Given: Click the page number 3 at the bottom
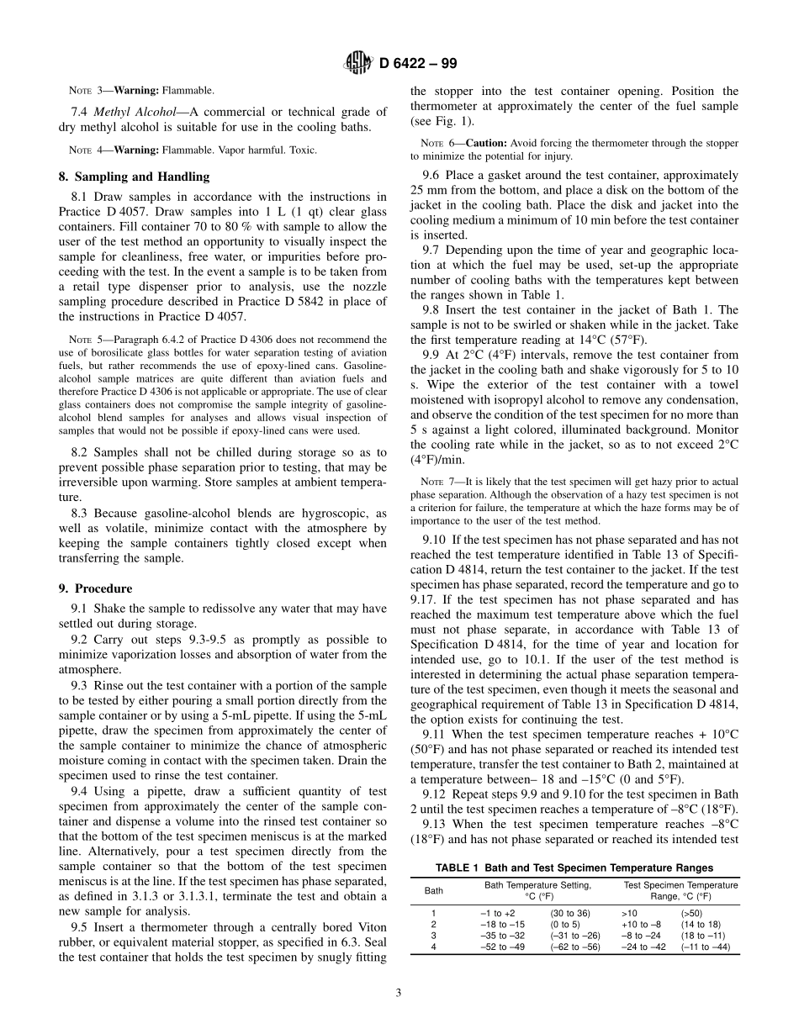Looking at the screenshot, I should coord(399,992).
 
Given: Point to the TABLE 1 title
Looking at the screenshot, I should coord(574,868).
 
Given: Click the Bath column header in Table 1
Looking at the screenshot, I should coord(433,890).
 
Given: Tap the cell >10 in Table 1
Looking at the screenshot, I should coord(629,912).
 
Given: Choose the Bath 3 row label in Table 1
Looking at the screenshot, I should coord(433,936).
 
